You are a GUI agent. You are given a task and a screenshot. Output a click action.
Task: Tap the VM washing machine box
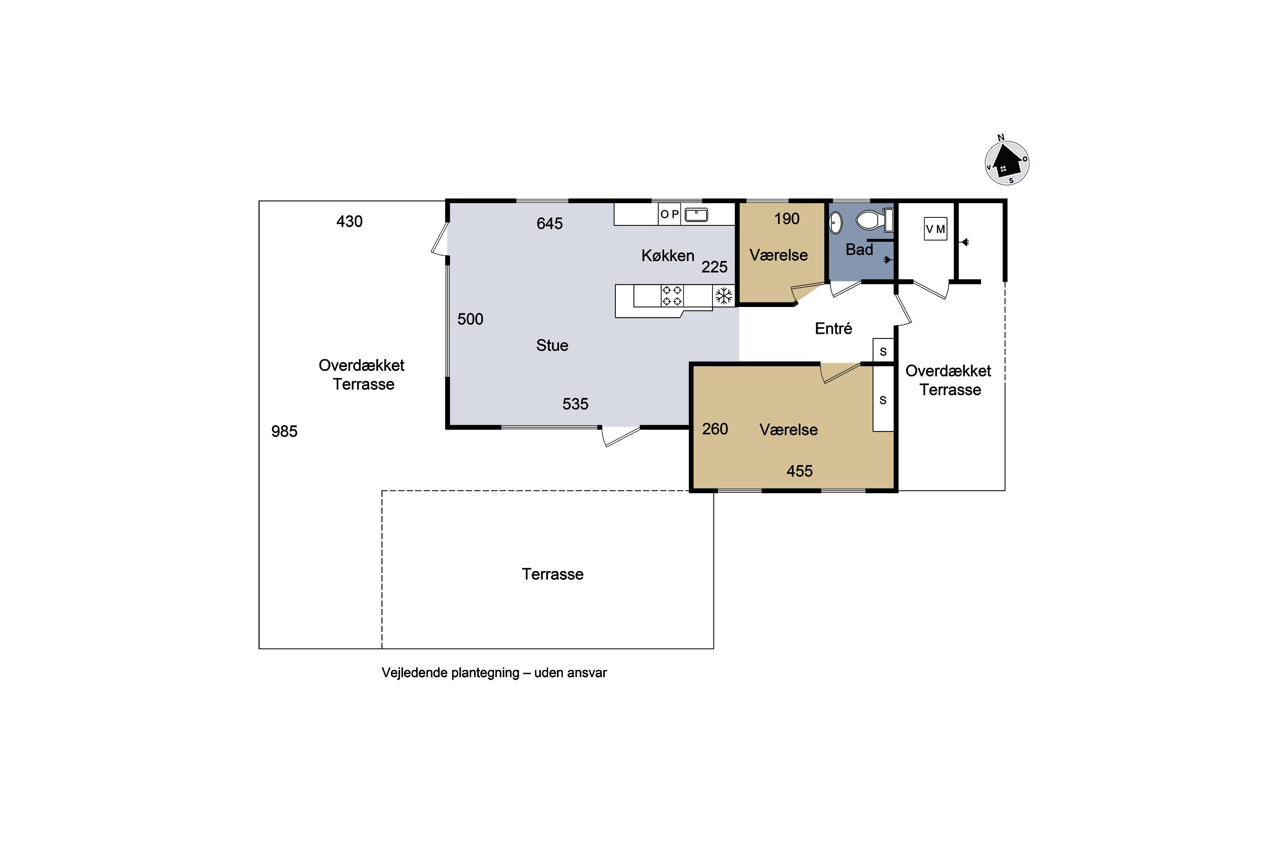pyautogui.click(x=936, y=229)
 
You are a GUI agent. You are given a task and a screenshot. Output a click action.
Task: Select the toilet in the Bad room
pyautogui.click(x=874, y=220)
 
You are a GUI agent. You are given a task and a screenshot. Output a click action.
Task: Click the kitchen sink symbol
pyautogui.click(x=696, y=214)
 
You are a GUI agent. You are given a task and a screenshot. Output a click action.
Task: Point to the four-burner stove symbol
pyautogui.click(x=672, y=296)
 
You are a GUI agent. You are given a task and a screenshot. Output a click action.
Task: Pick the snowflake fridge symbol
pyautogui.click(x=724, y=296)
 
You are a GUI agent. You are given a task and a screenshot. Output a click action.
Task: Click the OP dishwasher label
pyautogui.click(x=670, y=214)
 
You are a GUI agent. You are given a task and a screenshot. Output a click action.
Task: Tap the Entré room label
pyautogui.click(x=833, y=328)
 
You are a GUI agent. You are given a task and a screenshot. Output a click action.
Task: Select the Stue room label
pyautogui.click(x=552, y=345)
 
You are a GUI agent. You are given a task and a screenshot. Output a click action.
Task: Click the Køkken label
pyautogui.click(x=667, y=255)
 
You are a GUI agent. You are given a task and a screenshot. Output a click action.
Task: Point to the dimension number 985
pyautogui.click(x=284, y=431)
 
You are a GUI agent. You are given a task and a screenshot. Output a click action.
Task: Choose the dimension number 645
pyautogui.click(x=549, y=223)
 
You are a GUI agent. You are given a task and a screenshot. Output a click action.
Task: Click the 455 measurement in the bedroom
pyautogui.click(x=799, y=471)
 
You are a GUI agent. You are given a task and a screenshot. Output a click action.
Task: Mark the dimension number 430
pyautogui.click(x=350, y=221)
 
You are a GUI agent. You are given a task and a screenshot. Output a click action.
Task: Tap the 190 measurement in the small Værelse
pyautogui.click(x=786, y=218)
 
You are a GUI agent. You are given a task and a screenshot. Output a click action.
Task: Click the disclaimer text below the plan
pyautogui.click(x=494, y=672)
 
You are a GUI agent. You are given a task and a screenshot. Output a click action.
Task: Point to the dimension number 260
pyautogui.click(x=715, y=428)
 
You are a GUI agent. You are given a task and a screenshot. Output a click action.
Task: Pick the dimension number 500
pyautogui.click(x=470, y=319)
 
